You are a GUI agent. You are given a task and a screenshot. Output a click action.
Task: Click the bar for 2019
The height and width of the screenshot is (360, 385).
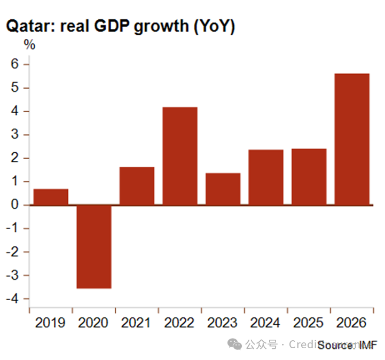pos(51,197)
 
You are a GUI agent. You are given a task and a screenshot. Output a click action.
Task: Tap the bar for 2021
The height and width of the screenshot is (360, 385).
pos(137,186)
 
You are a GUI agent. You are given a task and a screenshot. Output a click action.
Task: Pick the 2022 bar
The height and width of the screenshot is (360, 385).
pos(180,156)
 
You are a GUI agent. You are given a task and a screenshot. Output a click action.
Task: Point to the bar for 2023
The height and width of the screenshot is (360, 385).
pos(223,189)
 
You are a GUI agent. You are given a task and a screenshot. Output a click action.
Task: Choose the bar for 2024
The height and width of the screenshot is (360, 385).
pos(266,177)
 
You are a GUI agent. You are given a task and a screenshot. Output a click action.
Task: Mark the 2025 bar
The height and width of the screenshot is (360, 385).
pos(309,177)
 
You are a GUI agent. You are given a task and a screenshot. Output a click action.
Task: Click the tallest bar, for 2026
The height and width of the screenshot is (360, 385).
pos(352,139)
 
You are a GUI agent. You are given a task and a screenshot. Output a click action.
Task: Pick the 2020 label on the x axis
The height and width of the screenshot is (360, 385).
pos(93,323)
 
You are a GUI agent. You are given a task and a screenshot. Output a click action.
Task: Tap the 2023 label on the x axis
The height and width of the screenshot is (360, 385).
pos(223,323)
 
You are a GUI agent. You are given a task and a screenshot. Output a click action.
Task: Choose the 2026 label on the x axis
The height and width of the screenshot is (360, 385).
pos(352,323)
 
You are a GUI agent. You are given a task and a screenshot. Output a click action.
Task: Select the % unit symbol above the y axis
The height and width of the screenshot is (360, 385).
pos(30,45)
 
